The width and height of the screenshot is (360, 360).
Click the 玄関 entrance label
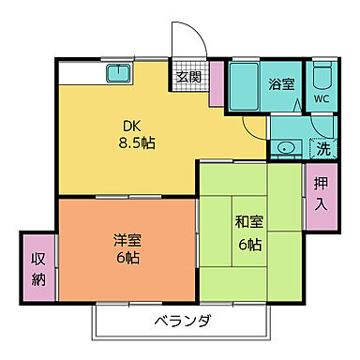[x=187, y=77]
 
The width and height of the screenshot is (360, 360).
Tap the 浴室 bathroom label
[x=283, y=82]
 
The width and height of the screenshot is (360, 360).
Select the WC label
[x=321, y=98]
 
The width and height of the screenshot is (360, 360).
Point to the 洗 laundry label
[x=322, y=147]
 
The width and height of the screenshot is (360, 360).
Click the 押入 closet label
[x=319, y=194]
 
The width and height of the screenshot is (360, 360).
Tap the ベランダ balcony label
[x=183, y=322]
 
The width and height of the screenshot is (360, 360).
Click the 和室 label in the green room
[x=247, y=222]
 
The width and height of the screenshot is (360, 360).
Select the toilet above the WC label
[x=321, y=75]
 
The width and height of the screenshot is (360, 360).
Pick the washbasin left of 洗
[x=285, y=148]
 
